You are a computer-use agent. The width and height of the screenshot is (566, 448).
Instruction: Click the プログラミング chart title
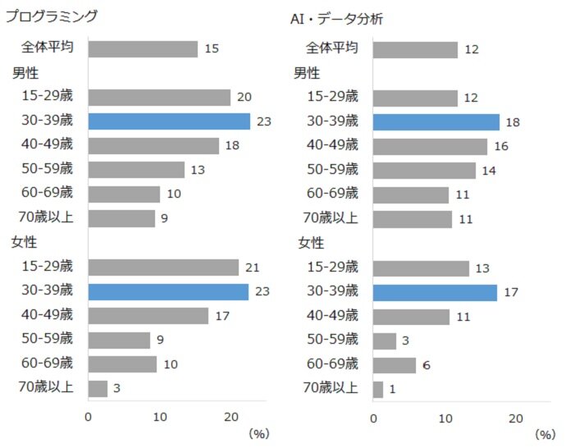(x=52, y=16)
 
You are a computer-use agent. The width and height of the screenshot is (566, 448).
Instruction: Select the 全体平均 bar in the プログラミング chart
(x=143, y=49)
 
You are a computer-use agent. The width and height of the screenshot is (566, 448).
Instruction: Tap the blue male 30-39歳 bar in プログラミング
(x=169, y=121)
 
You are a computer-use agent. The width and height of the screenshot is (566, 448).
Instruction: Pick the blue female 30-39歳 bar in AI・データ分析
(x=435, y=292)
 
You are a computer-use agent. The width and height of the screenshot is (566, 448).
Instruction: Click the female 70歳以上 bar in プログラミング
(x=98, y=389)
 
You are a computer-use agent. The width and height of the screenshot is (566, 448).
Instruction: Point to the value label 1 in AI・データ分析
(x=392, y=389)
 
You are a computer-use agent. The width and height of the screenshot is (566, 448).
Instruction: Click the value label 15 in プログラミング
(x=212, y=49)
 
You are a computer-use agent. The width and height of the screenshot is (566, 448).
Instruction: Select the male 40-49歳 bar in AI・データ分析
(x=430, y=146)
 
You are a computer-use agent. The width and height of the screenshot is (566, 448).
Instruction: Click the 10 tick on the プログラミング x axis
(x=160, y=416)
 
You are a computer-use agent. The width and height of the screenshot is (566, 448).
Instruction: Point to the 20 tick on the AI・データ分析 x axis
(x=516, y=418)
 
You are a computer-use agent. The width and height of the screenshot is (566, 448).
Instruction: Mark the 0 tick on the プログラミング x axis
(x=89, y=416)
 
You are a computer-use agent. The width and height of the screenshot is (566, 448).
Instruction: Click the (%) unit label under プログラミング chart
(x=258, y=432)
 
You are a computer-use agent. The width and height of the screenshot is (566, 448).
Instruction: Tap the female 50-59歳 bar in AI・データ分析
(x=385, y=341)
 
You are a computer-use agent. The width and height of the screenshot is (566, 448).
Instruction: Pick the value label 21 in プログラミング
(x=253, y=267)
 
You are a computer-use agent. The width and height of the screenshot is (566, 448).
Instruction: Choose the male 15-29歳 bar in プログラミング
(x=159, y=98)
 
